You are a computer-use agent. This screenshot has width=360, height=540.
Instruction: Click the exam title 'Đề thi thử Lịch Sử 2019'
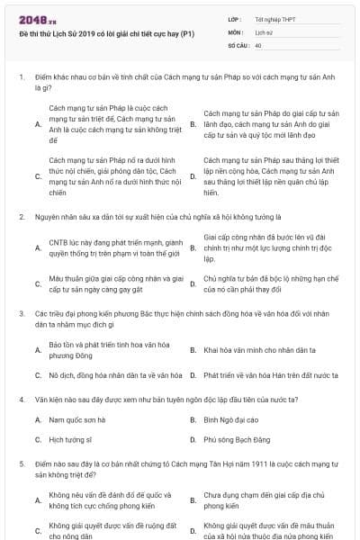coord(101,33)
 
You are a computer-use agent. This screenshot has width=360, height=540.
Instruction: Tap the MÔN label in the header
coord(235,31)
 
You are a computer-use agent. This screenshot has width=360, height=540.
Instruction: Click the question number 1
coord(21,77)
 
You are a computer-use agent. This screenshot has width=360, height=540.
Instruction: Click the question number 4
coord(21,397)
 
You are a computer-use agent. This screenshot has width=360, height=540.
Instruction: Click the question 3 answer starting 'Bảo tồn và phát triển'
coord(109,348)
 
